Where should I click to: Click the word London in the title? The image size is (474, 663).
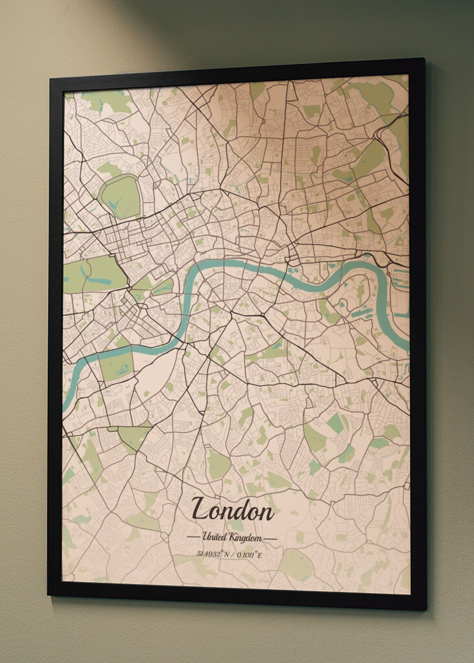coord(232,510)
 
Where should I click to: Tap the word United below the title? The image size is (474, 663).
coord(213,537)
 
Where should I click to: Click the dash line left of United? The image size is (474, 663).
coord(193,538)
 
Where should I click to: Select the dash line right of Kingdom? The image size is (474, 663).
coord(270,538)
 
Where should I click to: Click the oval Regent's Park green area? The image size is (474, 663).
coord(120,197)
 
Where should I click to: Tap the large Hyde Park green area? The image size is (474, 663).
coord(94,274)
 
